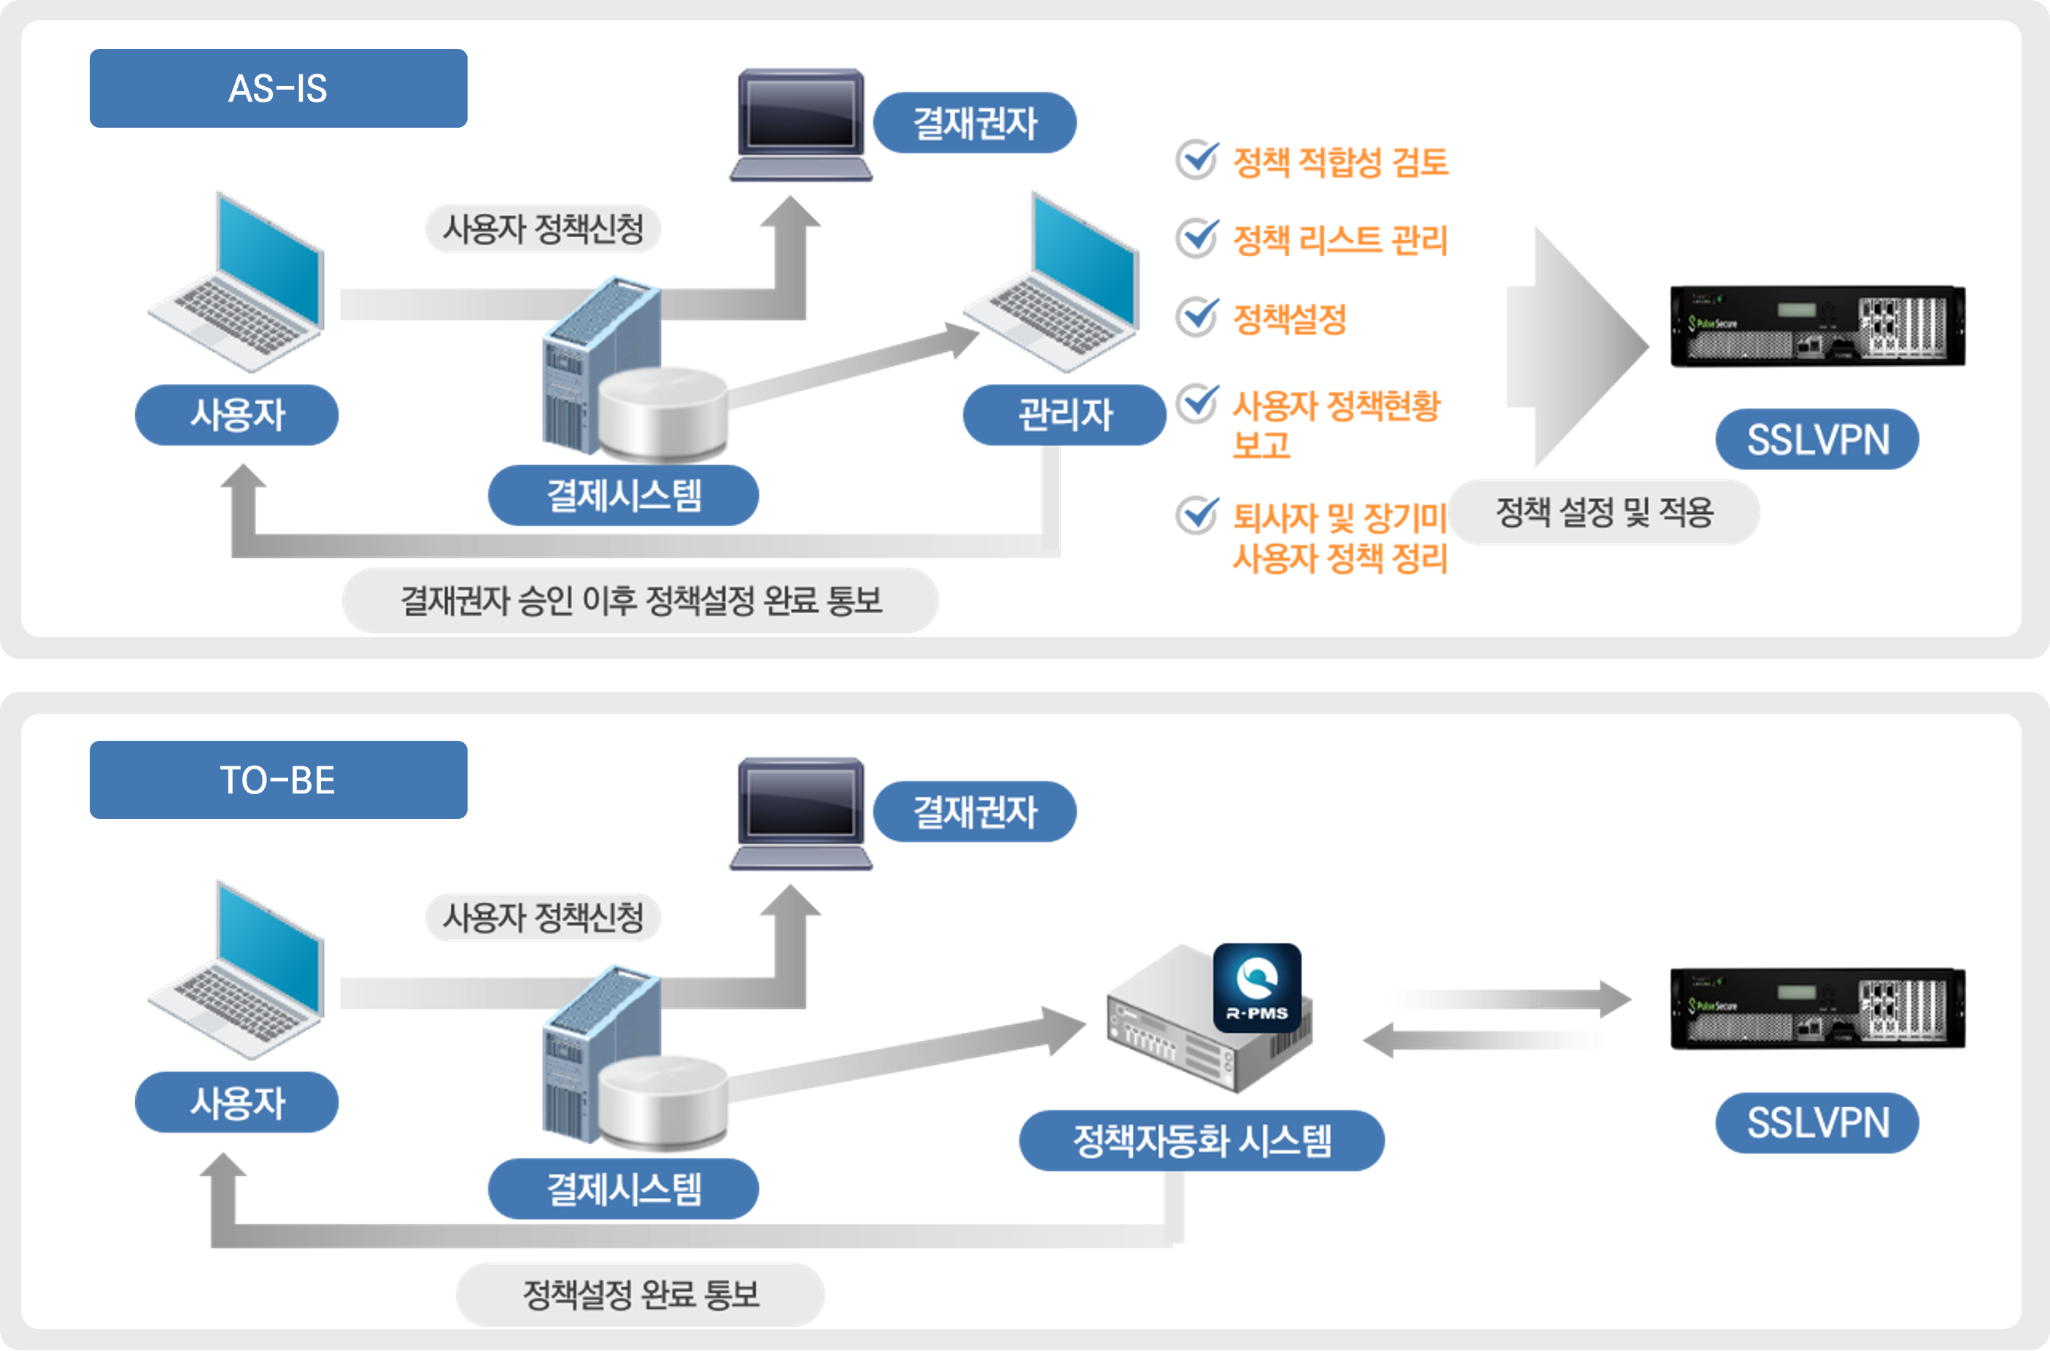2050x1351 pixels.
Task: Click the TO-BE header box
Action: tap(278, 780)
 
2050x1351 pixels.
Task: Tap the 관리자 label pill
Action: tap(1064, 415)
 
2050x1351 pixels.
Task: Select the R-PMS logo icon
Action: tap(1257, 988)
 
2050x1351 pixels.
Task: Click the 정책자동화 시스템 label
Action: tap(1202, 1141)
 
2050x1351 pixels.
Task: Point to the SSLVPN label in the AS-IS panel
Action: tap(1817, 439)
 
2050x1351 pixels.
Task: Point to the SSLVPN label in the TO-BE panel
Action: tap(1817, 1123)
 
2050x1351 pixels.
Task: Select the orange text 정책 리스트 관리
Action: tap(1340, 239)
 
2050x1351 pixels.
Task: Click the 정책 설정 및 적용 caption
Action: tap(1604, 512)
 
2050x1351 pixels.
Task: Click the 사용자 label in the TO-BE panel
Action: tap(237, 1102)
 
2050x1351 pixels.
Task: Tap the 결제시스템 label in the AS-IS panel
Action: tap(624, 496)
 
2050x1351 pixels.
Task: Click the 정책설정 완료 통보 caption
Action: tap(640, 1294)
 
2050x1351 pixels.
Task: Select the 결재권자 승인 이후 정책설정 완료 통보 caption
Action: tap(640, 601)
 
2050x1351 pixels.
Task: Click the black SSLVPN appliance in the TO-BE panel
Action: tap(1817, 1008)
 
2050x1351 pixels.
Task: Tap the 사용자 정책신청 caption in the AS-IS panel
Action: tap(543, 228)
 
